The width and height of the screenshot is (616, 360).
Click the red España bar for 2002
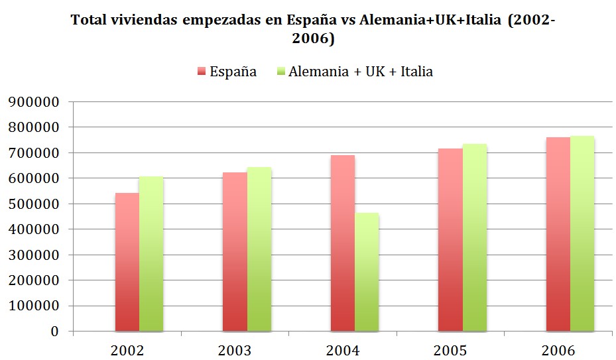click(127, 262)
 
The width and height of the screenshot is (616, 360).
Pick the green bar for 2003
click(259, 249)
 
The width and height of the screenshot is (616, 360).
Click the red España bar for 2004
click(343, 243)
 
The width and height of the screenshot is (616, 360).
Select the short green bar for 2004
click(367, 272)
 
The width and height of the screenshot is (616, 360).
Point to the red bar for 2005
click(451, 240)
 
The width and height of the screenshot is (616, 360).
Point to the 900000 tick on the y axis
click(33, 102)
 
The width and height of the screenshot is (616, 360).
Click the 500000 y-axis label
click(33, 204)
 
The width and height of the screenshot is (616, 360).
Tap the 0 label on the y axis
click(55, 331)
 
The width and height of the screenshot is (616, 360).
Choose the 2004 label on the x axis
click(342, 349)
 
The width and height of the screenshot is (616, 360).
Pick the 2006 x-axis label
click(558, 349)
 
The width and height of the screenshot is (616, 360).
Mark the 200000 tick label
click(33, 280)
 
